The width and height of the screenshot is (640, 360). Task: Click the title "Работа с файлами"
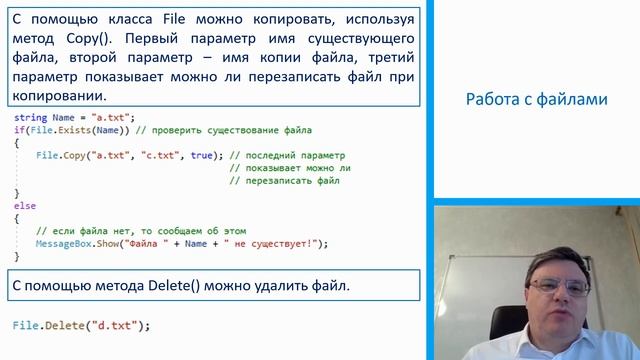click(536, 99)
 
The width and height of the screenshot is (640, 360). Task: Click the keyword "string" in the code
click(30, 118)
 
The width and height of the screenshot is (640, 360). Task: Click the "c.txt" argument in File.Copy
click(163, 156)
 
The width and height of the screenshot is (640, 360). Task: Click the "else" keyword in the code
click(24, 206)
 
